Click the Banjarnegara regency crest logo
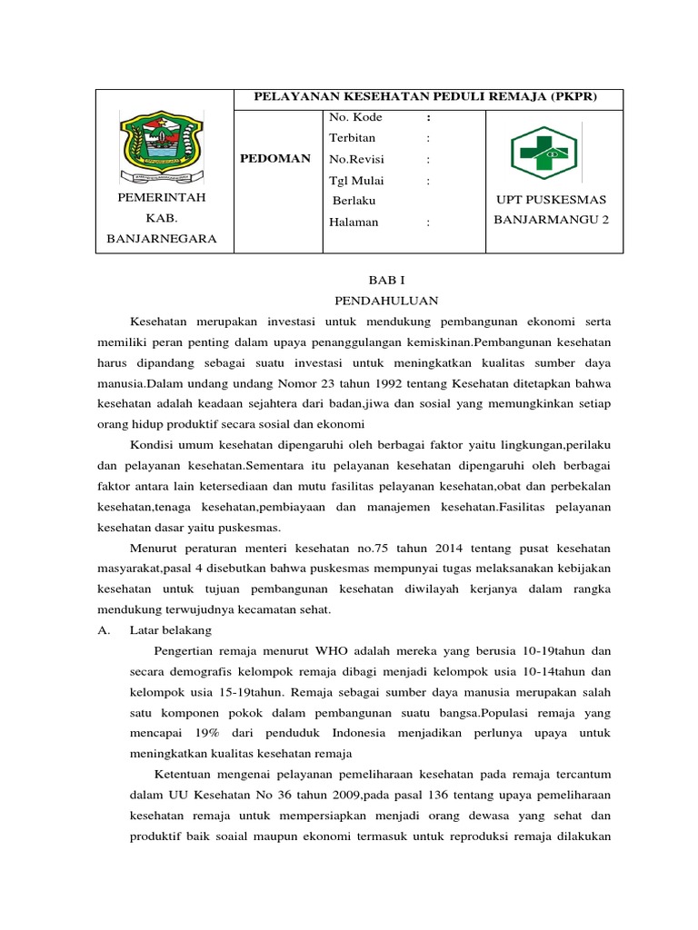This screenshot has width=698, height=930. [x=157, y=145]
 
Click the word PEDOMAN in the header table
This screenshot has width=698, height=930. [x=275, y=158]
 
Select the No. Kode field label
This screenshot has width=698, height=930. [x=355, y=117]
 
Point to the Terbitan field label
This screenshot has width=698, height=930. [x=352, y=138]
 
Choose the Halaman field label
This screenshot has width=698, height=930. [x=354, y=222]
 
